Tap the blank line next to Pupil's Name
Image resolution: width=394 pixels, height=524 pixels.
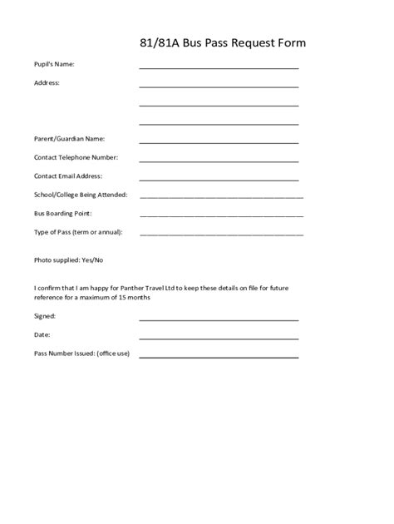coord(219,67)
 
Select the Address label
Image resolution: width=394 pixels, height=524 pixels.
coord(47,83)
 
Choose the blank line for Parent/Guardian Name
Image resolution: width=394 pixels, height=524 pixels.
coord(219,141)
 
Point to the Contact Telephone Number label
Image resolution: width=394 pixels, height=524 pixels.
coord(76,157)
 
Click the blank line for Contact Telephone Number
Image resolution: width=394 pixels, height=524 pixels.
coord(219,161)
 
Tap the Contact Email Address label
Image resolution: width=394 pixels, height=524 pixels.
coord(68,175)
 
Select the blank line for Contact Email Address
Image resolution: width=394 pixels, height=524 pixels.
coord(219,179)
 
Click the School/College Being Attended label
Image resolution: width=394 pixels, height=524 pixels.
coord(81,195)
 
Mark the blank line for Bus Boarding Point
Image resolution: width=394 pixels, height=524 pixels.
coord(221,215)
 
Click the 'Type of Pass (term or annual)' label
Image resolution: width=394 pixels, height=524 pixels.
coord(78,231)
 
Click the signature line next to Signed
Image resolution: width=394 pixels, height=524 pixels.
coord(219,319)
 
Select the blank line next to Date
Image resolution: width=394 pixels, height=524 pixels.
coord(219,338)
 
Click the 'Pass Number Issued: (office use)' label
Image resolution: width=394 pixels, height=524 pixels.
coord(81,353)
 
